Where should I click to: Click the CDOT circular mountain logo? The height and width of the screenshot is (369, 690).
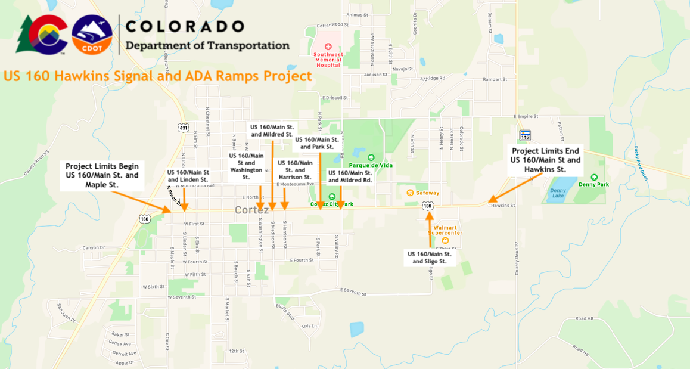point(92,35)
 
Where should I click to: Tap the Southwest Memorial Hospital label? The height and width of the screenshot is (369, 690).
point(328,59)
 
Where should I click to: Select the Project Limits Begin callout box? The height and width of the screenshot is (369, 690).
point(102,175)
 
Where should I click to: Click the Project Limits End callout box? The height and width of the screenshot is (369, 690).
point(545,160)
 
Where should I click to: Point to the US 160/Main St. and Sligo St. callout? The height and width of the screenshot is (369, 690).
point(430,258)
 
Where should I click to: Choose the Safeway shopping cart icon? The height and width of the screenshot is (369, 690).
point(410,193)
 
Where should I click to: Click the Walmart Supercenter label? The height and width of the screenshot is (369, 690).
point(448,230)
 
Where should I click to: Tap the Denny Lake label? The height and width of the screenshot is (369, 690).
point(558,193)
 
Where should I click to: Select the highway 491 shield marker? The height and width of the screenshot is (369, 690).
point(184,128)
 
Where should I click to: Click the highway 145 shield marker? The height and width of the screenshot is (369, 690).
point(524,135)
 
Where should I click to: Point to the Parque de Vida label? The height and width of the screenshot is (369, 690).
point(371,165)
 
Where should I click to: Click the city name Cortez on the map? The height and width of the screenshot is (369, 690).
point(251,210)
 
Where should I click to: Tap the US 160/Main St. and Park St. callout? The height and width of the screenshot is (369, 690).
point(316,143)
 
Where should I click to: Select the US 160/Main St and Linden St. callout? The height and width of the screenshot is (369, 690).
point(188,176)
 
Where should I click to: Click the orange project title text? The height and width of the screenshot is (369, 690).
point(157,76)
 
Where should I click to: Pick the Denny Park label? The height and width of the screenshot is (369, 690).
point(593,184)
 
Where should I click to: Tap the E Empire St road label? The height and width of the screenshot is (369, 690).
point(526,117)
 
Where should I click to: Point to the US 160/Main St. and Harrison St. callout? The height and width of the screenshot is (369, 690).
point(295,170)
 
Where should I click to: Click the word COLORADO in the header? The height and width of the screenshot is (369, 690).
point(185,26)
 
